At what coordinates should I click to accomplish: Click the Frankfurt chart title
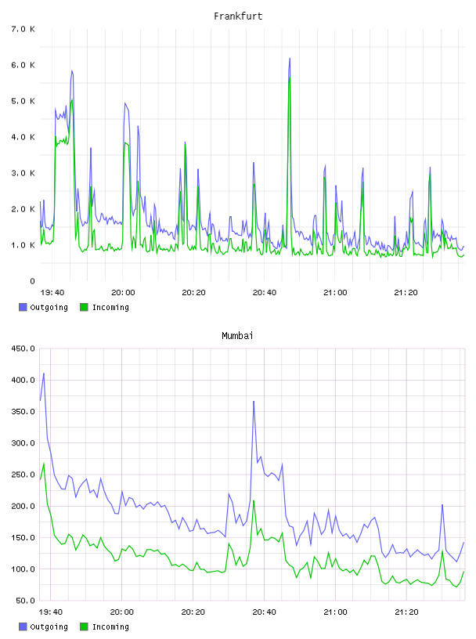(x=238, y=16)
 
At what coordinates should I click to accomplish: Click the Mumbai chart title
(x=237, y=335)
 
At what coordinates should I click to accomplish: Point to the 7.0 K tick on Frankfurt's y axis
(x=23, y=29)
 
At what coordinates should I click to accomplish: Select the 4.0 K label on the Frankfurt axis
(x=23, y=137)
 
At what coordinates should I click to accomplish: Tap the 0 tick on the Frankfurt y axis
(x=33, y=281)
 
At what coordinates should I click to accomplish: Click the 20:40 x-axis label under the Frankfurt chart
(x=265, y=292)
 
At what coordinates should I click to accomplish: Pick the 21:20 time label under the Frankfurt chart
(x=406, y=292)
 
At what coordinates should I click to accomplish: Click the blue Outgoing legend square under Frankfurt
(x=23, y=307)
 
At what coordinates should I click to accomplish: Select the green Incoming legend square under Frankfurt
(x=84, y=307)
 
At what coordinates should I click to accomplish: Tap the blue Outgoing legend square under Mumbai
(x=23, y=626)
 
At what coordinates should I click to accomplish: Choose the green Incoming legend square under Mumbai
(x=84, y=626)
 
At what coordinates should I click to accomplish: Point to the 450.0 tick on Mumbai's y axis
(x=23, y=348)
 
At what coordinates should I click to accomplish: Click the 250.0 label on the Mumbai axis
(x=23, y=475)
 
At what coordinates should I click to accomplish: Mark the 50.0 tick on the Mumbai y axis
(x=25, y=601)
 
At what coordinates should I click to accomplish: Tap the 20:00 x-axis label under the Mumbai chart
(x=122, y=612)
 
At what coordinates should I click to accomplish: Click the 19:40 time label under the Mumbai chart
(x=51, y=612)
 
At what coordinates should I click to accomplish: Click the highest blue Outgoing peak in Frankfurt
(x=290, y=58)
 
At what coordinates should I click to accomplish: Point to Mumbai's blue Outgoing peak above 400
(x=44, y=374)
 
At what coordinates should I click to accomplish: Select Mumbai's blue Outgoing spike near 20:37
(x=254, y=402)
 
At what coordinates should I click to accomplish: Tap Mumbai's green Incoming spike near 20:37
(x=254, y=501)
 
